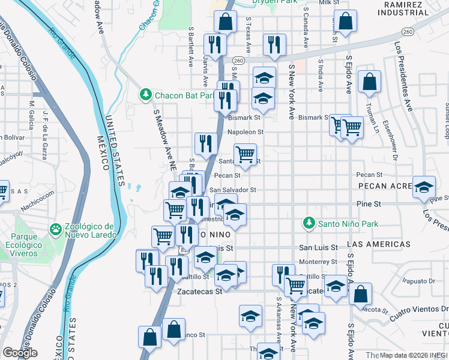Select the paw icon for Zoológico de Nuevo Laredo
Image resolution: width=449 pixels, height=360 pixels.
pos(56,229)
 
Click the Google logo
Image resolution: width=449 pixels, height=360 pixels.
pos(20,353)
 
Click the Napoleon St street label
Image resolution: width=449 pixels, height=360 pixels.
pos(245,132)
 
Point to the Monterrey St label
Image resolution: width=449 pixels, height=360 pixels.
pos(318,262)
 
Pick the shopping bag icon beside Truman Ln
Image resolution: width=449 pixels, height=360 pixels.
pos(370,82)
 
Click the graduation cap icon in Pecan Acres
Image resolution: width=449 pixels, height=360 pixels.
pos(424,187)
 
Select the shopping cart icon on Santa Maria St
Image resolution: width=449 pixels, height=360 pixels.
pos(245,154)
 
